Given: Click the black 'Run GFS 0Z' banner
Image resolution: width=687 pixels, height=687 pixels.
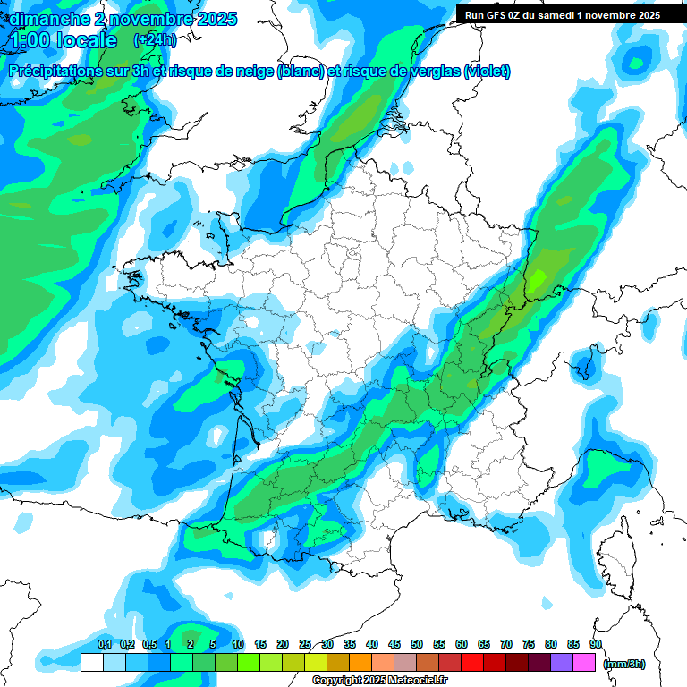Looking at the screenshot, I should point(558,14).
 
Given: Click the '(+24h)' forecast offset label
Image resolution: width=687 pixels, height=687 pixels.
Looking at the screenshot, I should point(155,40).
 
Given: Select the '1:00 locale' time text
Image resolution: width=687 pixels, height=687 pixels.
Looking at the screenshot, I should point(63,40).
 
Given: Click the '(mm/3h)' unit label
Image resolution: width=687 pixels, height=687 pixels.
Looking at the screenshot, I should point(624,663).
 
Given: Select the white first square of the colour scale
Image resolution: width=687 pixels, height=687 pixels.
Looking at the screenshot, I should point(91,663).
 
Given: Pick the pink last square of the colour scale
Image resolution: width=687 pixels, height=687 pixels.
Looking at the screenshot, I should point(584,663).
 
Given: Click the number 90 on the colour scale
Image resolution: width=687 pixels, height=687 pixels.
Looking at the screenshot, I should point(595,644).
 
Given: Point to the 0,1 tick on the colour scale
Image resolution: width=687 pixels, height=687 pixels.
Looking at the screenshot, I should point(104,644).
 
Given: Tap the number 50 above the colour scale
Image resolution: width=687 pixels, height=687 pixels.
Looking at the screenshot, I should point(417,644).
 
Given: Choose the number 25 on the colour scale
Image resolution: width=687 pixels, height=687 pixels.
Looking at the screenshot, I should point(305,644).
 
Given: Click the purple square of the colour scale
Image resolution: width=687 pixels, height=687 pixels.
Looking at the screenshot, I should point(562,663).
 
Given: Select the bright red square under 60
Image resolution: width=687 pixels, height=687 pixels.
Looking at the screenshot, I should point(472,663).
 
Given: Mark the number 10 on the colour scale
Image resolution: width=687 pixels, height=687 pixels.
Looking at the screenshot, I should point(238,644).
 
